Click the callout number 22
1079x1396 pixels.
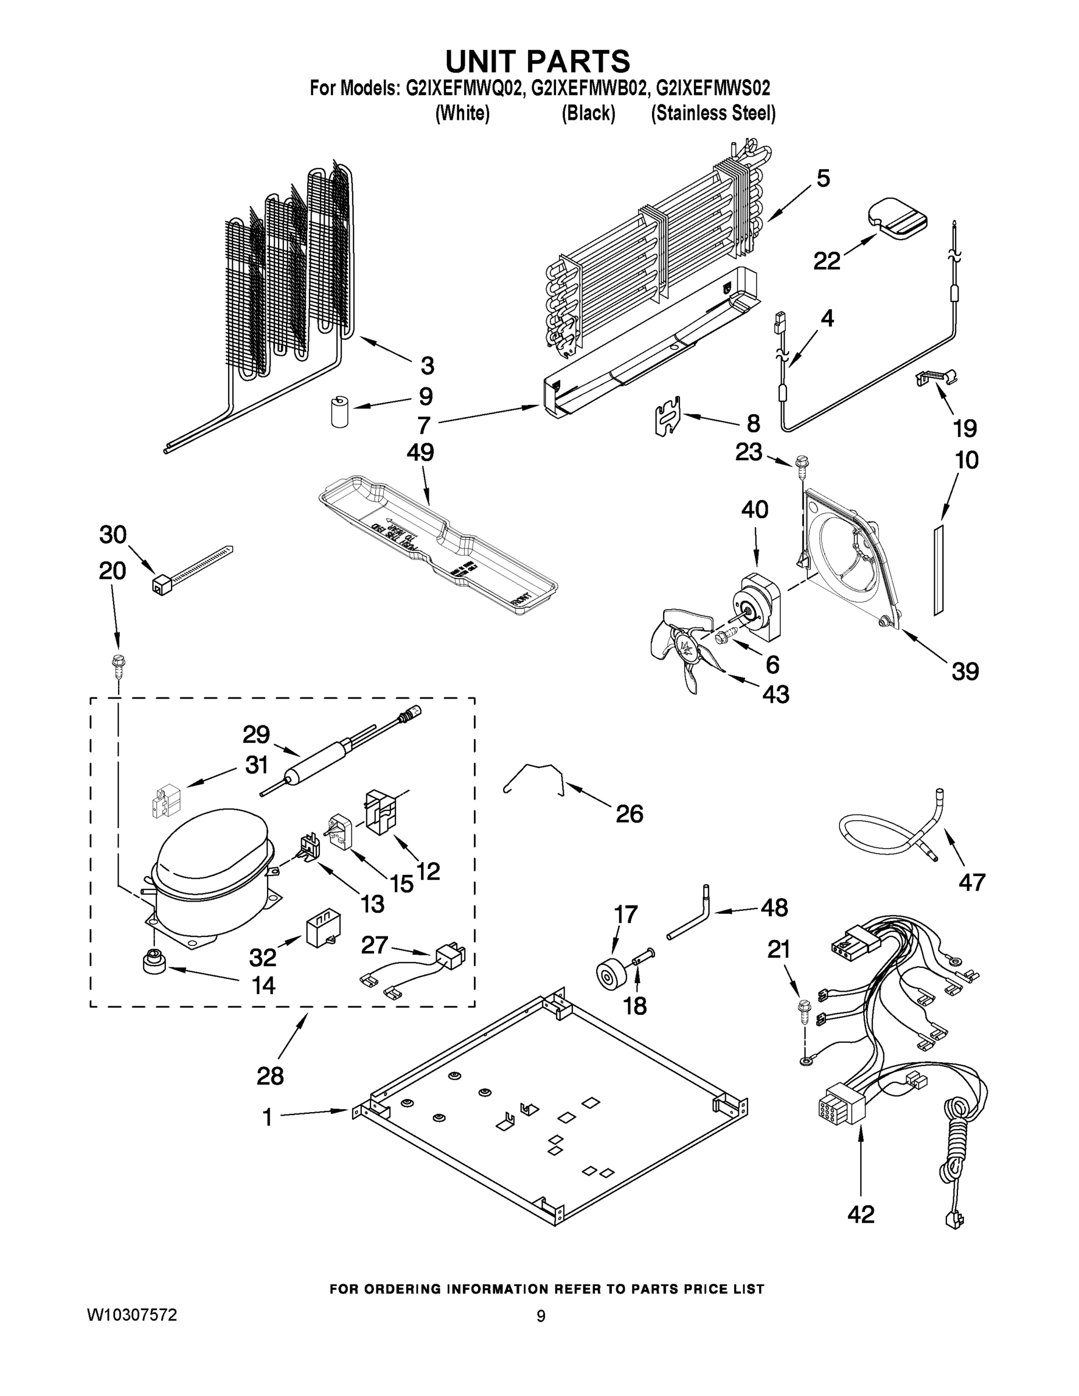[x=826, y=261]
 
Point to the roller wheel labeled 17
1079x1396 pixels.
[x=609, y=974]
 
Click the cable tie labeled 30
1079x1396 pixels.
[x=192, y=569]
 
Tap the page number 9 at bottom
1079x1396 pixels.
[x=541, y=1316]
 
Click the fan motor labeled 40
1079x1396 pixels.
[x=761, y=604]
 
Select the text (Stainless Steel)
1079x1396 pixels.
[x=713, y=114]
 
